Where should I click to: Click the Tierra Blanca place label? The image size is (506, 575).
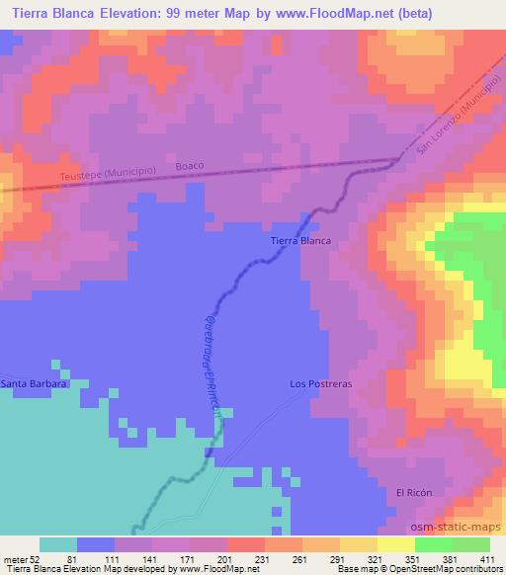[x=300, y=240]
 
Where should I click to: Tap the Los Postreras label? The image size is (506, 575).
[x=321, y=383]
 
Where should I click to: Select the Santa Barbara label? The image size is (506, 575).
[x=34, y=383]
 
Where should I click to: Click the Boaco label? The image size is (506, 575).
[x=190, y=166]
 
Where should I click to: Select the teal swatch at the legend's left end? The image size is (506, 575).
[x=58, y=544]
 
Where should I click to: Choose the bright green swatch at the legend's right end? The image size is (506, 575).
[x=471, y=544]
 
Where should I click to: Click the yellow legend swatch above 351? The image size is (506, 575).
[x=396, y=544]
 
